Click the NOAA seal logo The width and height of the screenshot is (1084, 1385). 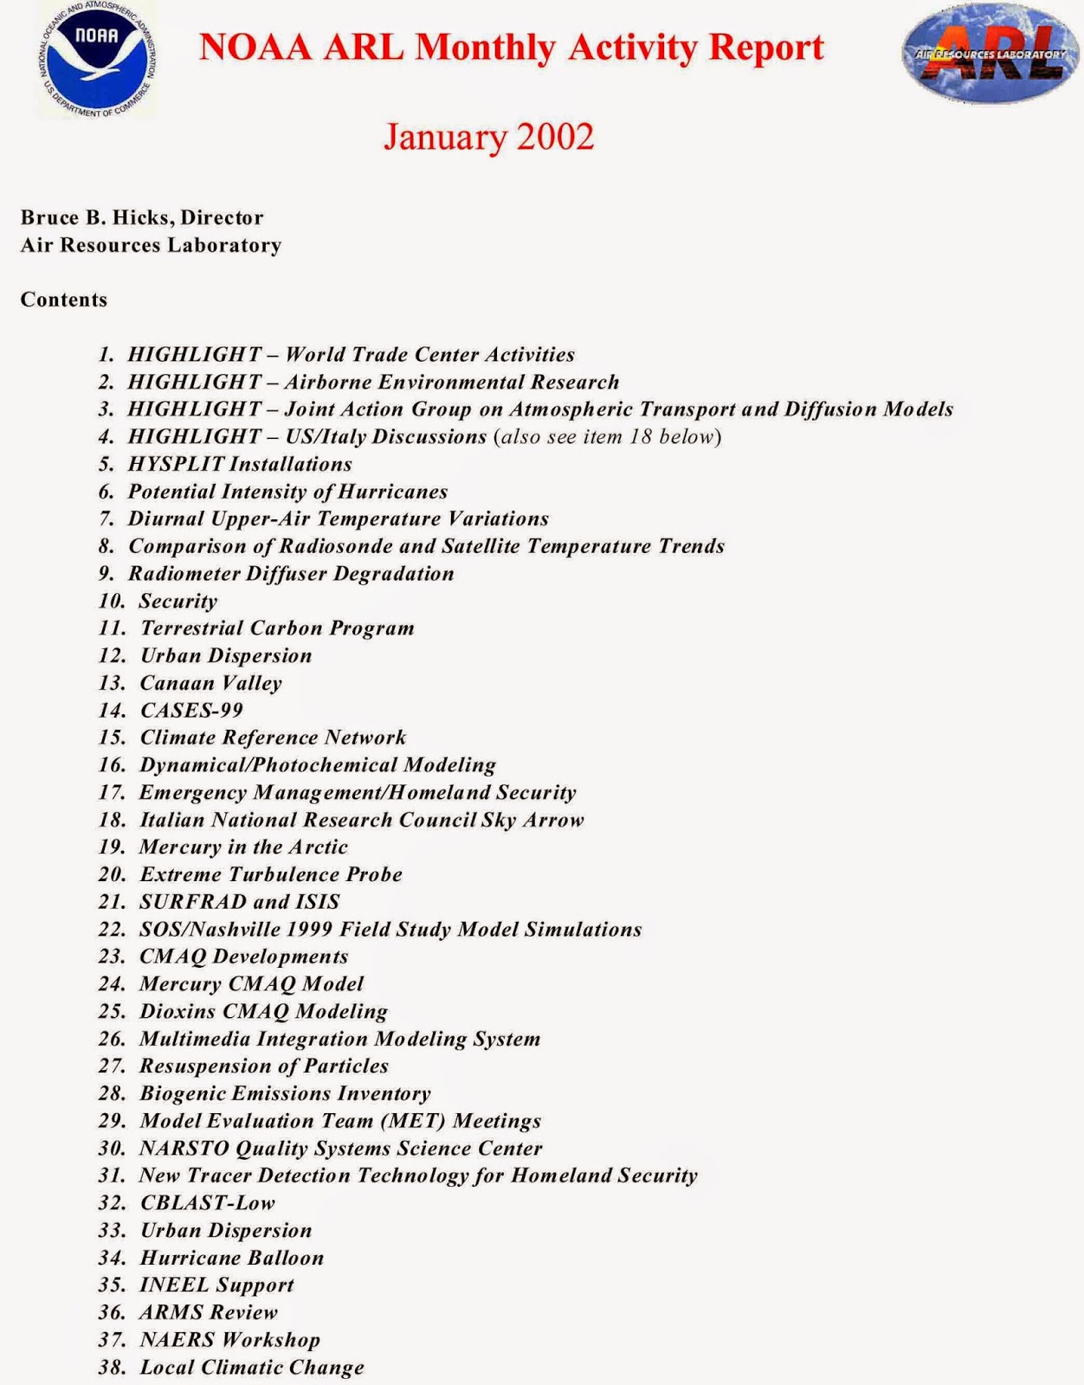pyautogui.click(x=96, y=59)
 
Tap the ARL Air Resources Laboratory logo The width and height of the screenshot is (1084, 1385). pyautogui.click(x=990, y=54)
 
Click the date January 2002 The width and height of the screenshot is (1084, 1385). pyautogui.click(x=488, y=137)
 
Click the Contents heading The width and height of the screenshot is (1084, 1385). pyautogui.click(x=64, y=300)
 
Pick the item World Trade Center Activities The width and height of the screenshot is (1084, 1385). pyautogui.click(x=429, y=355)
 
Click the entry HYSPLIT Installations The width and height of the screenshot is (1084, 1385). pyautogui.click(x=240, y=464)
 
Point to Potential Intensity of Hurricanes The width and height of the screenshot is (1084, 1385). pyautogui.click(x=287, y=492)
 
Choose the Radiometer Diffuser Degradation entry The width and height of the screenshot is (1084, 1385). pyautogui.click(x=291, y=574)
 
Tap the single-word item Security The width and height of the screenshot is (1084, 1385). pyautogui.click(x=178, y=601)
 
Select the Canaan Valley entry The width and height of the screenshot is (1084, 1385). pyautogui.click(x=211, y=683)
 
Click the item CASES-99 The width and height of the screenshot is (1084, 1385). pyautogui.click(x=191, y=711)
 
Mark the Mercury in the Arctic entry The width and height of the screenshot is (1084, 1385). pyautogui.click(x=243, y=847)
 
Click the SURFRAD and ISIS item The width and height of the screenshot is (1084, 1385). pyautogui.click(x=240, y=902)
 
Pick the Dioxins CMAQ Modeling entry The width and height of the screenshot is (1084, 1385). pyautogui.click(x=263, y=1011)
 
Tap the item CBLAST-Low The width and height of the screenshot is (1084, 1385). pyautogui.click(x=208, y=1203)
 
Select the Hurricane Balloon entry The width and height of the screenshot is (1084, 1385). pyautogui.click(x=232, y=1258)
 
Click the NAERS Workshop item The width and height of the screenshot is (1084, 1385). pyautogui.click(x=229, y=1340)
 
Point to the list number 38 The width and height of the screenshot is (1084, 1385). pyautogui.click(x=112, y=1368)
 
